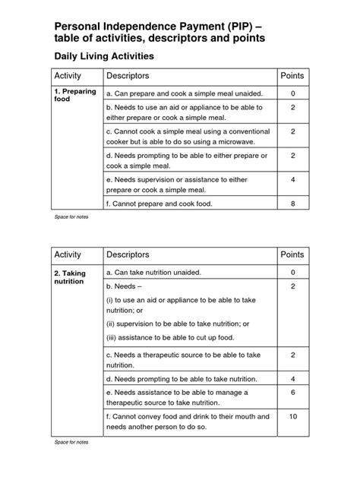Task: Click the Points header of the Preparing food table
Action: (x=292, y=76)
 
